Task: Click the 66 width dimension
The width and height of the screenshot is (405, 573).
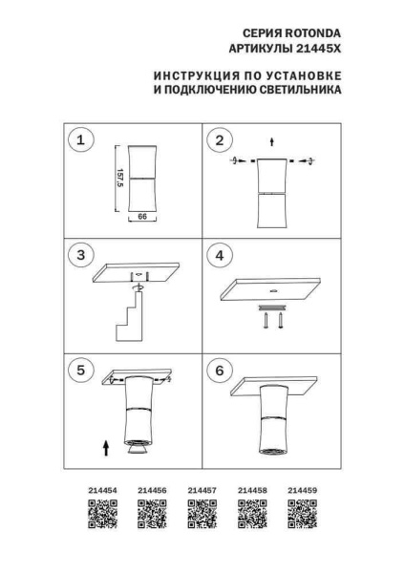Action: point(141,217)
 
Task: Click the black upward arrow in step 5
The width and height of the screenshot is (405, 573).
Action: point(105,446)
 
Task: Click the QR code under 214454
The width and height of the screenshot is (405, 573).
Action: point(101,516)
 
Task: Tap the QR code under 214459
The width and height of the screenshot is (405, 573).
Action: point(302,516)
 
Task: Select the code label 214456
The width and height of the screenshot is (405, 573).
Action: point(152,492)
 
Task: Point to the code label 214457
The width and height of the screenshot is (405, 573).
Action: point(202,492)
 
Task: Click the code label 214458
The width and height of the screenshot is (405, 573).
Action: point(252,492)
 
